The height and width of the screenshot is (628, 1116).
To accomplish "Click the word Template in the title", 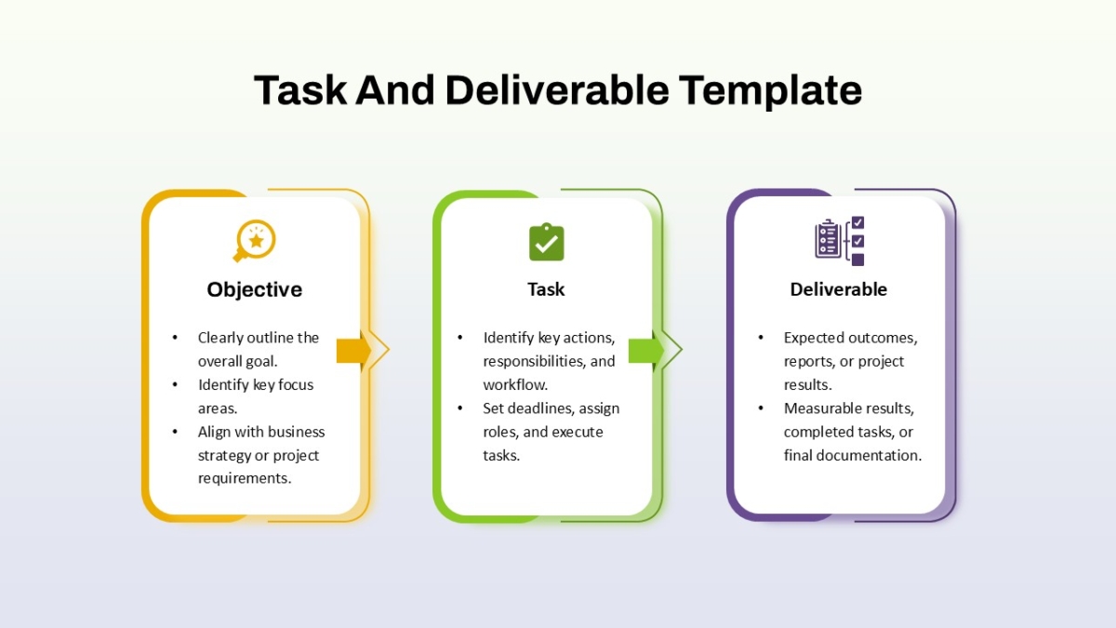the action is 770,91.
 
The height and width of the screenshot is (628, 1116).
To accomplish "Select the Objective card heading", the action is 255,290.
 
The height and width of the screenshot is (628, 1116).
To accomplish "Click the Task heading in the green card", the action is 546,289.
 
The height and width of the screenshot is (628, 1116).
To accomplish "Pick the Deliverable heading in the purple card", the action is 839,289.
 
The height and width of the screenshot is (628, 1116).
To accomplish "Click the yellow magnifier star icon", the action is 254,241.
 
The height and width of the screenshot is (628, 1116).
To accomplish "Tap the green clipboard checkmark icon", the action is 547,242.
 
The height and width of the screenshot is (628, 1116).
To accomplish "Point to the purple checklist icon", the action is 840,241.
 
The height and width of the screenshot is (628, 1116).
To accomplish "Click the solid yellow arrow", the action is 353,350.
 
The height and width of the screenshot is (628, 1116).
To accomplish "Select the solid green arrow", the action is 646,350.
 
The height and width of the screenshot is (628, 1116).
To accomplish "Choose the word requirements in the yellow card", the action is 244,478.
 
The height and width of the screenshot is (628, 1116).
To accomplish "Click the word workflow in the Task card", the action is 515,385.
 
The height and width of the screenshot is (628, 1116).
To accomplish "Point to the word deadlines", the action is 538,408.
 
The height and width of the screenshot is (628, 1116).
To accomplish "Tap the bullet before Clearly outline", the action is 175,338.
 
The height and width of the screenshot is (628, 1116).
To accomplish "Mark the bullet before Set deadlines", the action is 459,408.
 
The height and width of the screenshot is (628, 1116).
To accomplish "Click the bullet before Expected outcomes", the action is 761,338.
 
